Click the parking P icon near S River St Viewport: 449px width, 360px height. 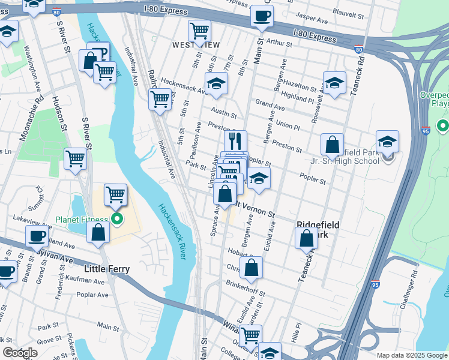[100, 52]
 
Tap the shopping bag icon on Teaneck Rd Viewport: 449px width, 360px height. [306, 237]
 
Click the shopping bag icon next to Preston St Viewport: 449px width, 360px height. [332, 144]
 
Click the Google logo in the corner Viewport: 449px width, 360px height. [20, 353]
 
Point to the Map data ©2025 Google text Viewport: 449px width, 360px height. [411, 355]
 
